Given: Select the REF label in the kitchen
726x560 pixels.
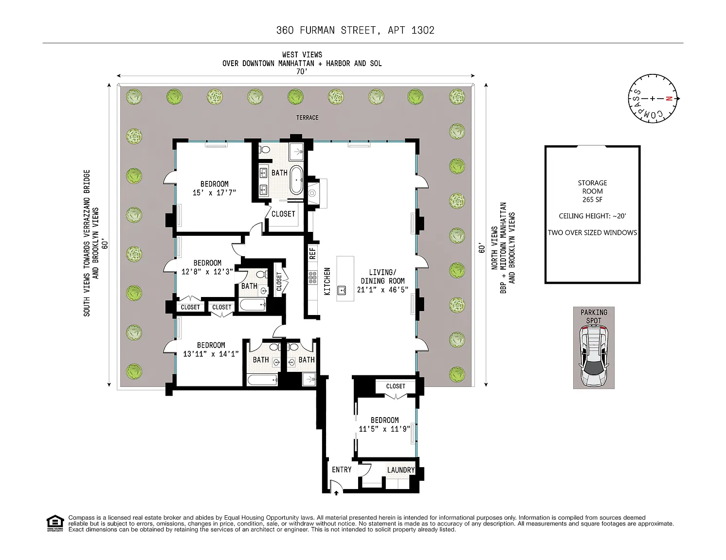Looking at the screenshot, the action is [312, 253].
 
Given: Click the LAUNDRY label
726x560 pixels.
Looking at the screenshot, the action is [400, 470].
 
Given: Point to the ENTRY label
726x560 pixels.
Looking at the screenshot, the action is [342, 470].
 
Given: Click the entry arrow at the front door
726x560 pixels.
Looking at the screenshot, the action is [336, 493].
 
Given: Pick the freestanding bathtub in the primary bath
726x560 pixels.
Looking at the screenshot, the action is [296, 180].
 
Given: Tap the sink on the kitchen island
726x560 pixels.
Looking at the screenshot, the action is [342, 290].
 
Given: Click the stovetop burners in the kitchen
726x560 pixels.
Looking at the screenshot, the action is [312, 278].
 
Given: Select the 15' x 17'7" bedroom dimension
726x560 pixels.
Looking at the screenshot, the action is [214, 192].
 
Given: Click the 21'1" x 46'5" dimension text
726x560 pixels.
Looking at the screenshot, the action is [382, 290].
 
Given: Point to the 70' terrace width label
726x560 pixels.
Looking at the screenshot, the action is [302, 72].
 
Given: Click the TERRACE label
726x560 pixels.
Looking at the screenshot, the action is [307, 118].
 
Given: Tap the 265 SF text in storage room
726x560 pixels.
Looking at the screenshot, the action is [592, 200].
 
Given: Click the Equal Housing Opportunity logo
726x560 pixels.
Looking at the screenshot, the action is [55, 523].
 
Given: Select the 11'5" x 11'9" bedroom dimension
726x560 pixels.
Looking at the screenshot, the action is [384, 429].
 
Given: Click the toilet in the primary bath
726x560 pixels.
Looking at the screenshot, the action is [264, 149].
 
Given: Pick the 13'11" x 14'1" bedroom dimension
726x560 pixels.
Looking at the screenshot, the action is [211, 354].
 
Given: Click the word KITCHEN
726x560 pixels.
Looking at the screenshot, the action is [327, 281].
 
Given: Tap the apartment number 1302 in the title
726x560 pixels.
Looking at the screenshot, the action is [423, 30].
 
